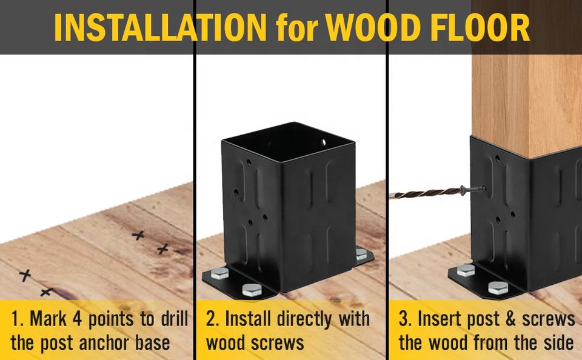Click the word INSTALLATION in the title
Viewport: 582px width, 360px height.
160,27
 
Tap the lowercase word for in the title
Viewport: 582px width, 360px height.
297,28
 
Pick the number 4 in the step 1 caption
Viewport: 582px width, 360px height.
77,319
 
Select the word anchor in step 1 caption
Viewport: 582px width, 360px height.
104,342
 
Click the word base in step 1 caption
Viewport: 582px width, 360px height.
153,342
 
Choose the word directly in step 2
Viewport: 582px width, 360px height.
304,319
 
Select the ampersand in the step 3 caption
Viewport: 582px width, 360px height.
510,319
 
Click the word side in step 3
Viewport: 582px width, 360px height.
559,342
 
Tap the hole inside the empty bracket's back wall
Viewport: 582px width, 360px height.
323,142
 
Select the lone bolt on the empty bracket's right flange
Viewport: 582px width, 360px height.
361,254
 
